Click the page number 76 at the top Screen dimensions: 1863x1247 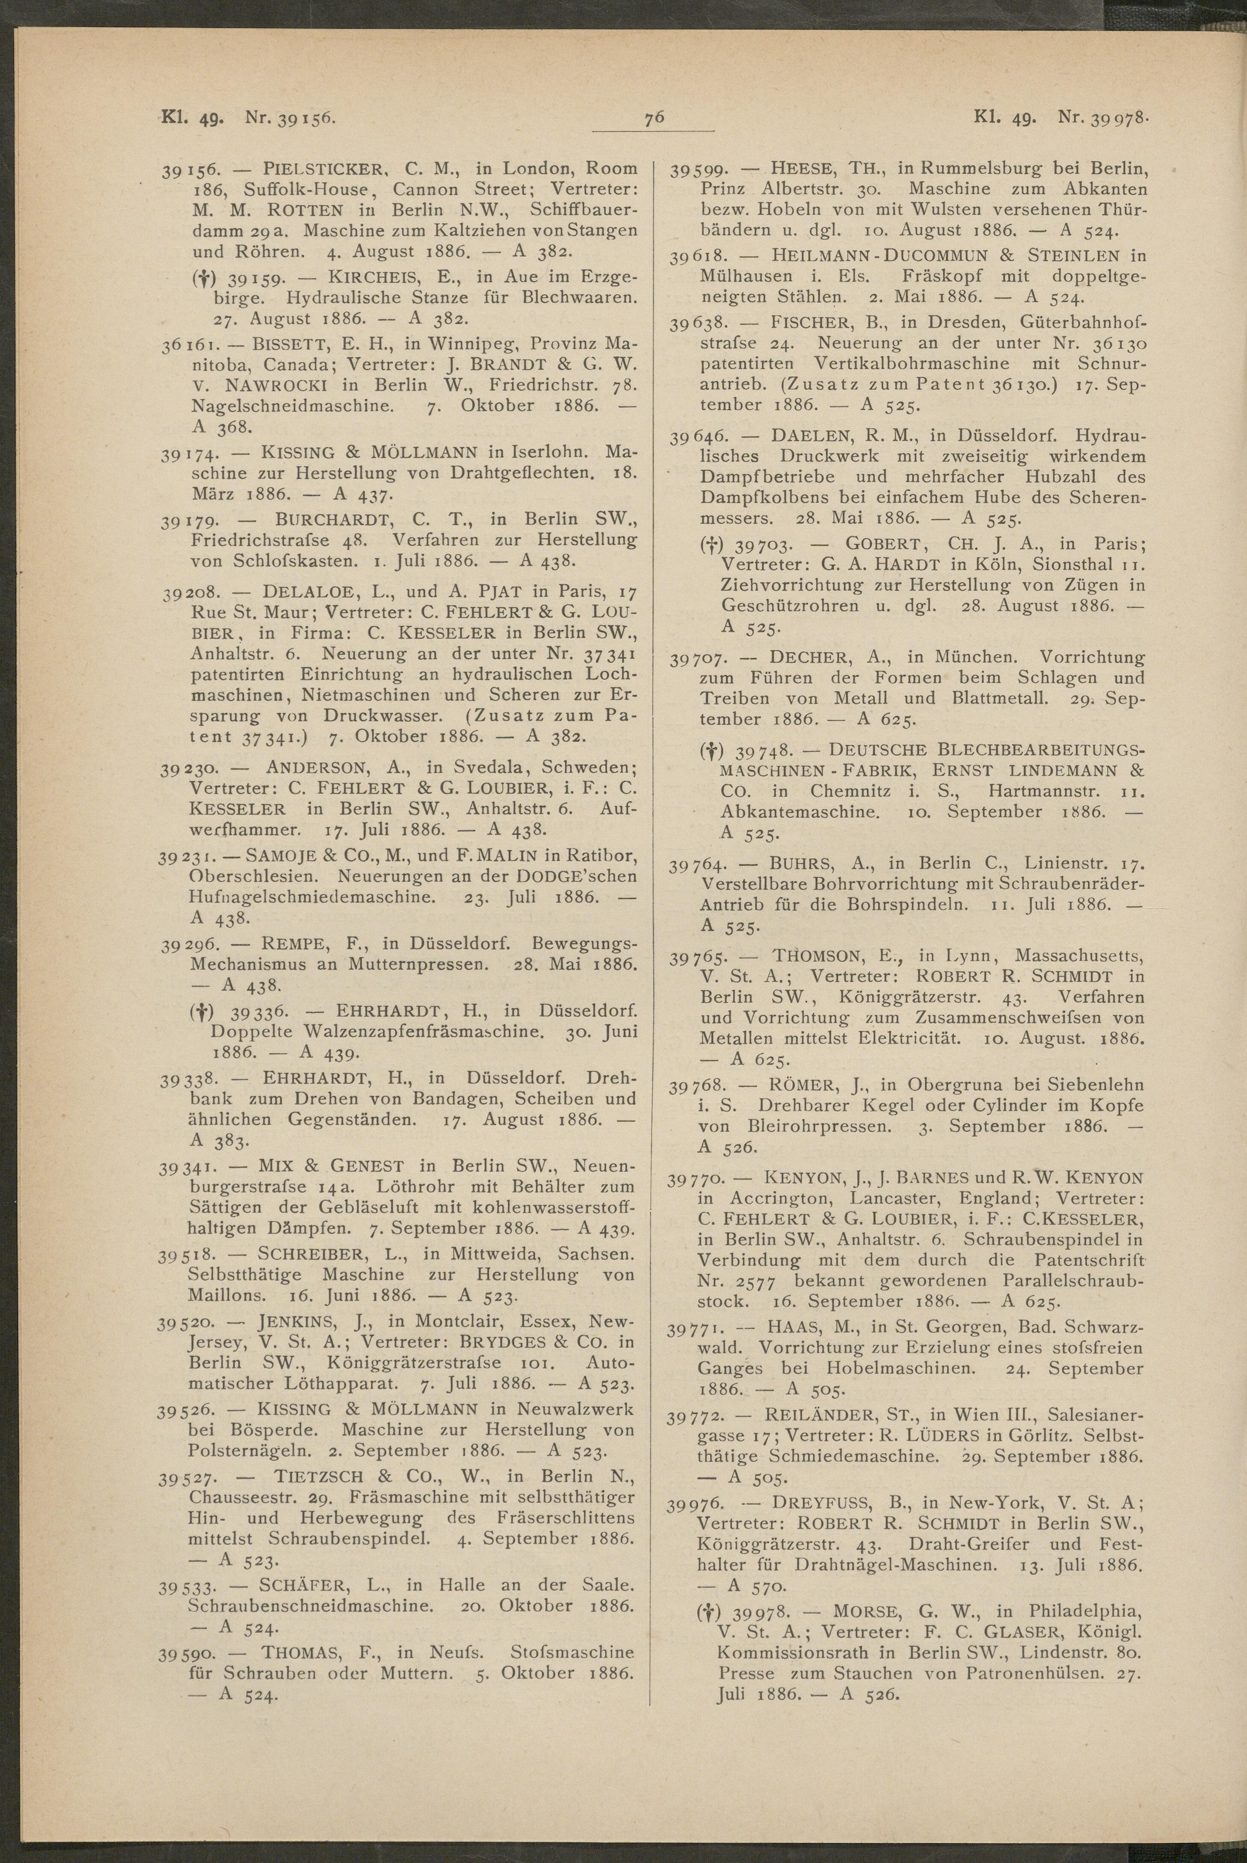pyautogui.click(x=655, y=119)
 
